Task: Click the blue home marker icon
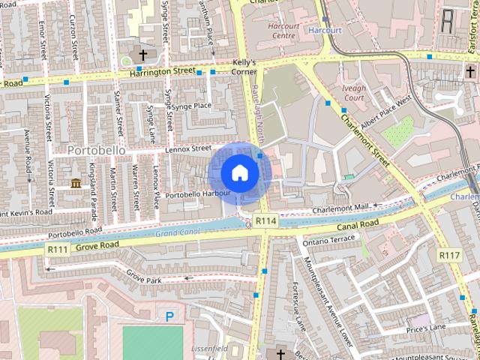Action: (x=239, y=172)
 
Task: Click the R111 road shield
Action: (x=58, y=248)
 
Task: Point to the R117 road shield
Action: (x=449, y=256)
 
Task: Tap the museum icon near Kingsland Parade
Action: (x=76, y=183)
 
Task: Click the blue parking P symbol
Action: (x=170, y=317)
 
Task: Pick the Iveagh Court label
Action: (x=352, y=92)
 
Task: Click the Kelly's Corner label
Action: (x=245, y=67)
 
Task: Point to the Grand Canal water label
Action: (x=177, y=233)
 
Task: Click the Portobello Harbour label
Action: (x=197, y=194)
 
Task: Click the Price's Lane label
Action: (x=426, y=328)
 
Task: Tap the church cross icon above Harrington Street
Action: (x=143, y=55)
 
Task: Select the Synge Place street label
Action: (x=193, y=106)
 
